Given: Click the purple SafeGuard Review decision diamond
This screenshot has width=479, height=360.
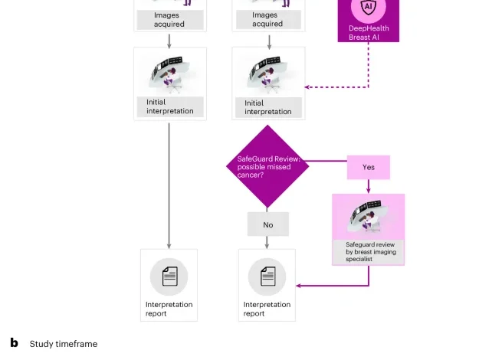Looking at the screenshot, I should tap(267, 167).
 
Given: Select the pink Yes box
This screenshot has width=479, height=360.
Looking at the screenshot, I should tap(368, 167).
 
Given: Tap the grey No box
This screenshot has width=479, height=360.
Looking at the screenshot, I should tap(267, 224).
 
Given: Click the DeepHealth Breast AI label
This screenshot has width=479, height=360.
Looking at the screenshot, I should tap(368, 32).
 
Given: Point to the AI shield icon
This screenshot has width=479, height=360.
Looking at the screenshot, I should tap(368, 8).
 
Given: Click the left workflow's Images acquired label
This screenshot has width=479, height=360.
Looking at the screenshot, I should tap(169, 19).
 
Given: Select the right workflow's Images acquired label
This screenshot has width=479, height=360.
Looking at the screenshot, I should tap(267, 19).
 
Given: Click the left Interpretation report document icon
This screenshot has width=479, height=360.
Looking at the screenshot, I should tap(169, 277).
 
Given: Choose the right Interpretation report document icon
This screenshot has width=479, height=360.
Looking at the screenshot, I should tap(267, 277).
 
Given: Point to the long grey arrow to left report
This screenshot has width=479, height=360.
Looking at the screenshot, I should tap(169, 184).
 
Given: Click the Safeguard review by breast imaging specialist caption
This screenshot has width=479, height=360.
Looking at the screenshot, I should tap(368, 252).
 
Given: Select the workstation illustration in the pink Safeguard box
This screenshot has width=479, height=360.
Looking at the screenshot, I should tap(368, 217).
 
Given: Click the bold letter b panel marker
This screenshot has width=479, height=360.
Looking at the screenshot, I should tap(14, 343).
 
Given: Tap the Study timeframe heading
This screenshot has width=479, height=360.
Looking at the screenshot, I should tap(64, 344).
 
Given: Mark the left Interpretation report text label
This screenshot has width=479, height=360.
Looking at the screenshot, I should tap(169, 309).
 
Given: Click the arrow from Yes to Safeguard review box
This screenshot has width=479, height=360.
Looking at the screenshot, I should tap(369, 186).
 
